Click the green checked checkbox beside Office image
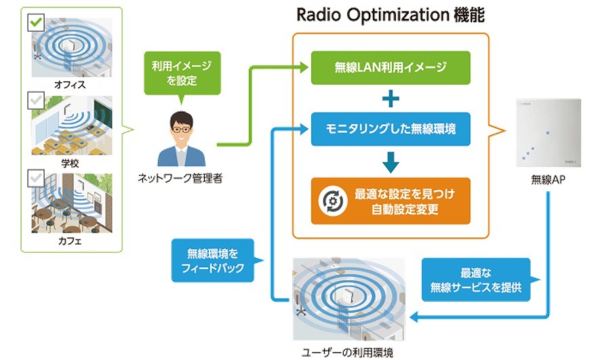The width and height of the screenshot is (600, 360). (x=36, y=23)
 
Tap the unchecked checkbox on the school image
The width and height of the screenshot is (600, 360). (x=36, y=101)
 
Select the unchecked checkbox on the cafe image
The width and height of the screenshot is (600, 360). (x=36, y=178)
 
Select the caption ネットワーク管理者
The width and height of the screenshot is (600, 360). (x=180, y=179)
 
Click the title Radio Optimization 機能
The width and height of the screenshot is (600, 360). (x=390, y=14)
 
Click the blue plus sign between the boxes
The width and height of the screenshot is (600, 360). (x=391, y=98)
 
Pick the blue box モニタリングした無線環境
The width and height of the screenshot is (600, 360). (x=391, y=129)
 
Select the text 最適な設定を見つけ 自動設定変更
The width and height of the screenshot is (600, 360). (x=405, y=201)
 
